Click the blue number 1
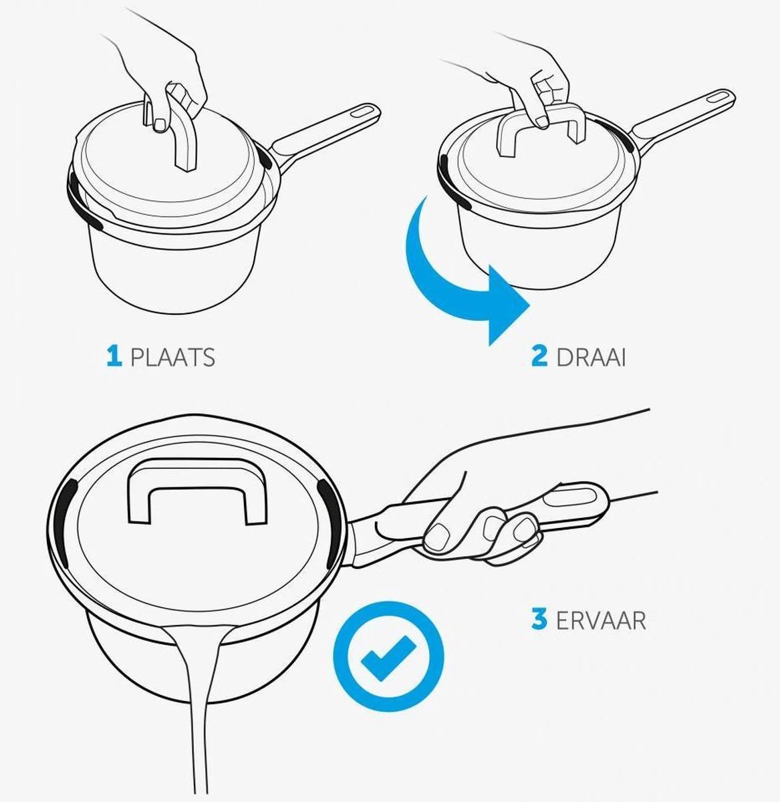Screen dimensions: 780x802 click(114, 357)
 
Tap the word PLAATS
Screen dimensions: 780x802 click(172, 358)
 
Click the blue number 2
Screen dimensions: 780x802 click(539, 356)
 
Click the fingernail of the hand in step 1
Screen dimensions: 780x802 click(160, 125)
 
